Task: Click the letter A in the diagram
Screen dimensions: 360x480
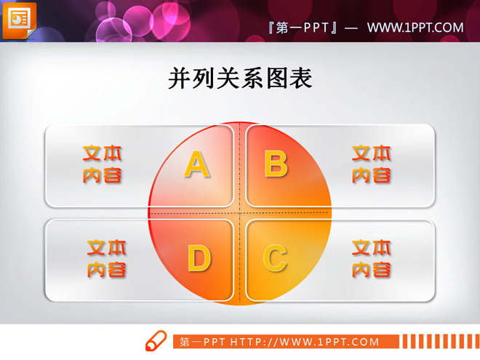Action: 196,164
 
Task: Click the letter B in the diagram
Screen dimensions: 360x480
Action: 276,164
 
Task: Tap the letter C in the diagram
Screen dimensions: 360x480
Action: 274,258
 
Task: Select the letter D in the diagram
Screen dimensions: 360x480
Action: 199,258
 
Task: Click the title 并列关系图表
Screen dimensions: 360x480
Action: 240,79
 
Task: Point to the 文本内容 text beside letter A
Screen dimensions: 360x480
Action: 102,164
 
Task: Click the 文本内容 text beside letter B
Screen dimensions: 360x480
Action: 372,164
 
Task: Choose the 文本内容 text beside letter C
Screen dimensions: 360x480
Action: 372,259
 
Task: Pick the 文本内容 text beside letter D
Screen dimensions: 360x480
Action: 107,259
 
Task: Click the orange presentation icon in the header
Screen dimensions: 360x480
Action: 19,19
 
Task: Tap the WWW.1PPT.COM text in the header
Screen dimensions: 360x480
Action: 415,28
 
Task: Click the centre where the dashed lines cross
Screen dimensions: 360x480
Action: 241,212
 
